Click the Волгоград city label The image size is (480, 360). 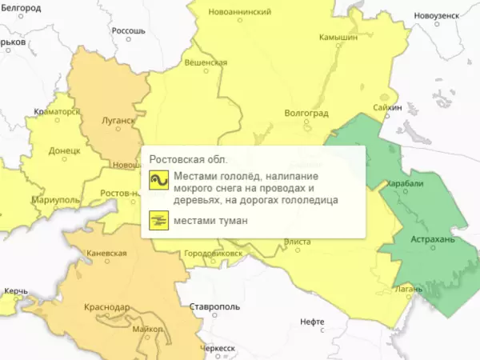307,113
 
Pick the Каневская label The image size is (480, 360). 106,254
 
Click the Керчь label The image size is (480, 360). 16,290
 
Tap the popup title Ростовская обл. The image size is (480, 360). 189,158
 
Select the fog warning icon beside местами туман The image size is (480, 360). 158,219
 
